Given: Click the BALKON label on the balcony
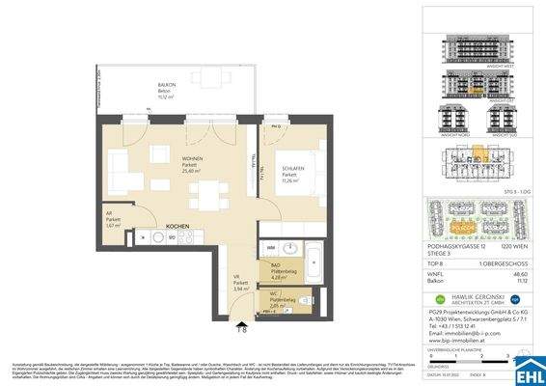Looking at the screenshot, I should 167,86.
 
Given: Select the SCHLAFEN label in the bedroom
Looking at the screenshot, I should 292,169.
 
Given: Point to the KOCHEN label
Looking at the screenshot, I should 177,226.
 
